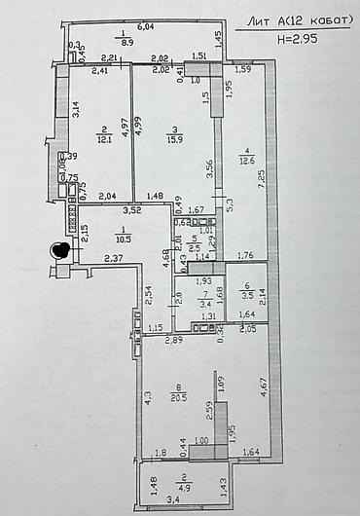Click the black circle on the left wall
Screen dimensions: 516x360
[x=60, y=250]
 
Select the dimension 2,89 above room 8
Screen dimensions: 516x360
[x=173, y=340]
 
